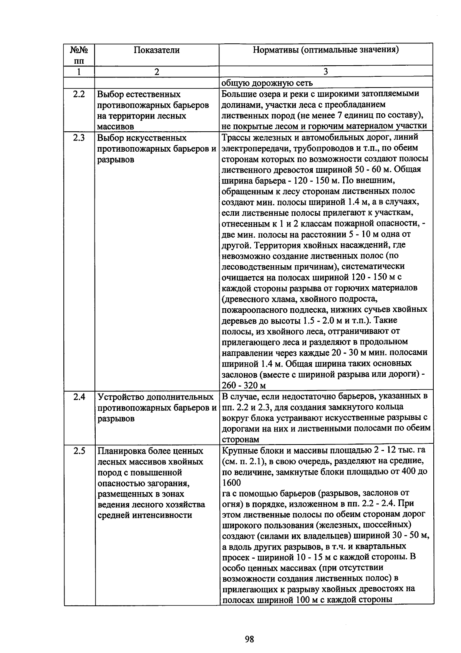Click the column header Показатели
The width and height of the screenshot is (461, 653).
pyautogui.click(x=156, y=50)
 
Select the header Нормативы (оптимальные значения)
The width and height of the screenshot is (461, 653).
pyautogui.click(x=325, y=50)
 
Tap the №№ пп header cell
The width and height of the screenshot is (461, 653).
pyautogui.click(x=79, y=55)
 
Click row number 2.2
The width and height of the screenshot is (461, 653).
pyautogui.click(x=79, y=94)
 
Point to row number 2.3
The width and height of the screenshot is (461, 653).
pyautogui.click(x=79, y=138)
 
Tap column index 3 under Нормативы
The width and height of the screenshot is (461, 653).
pyautogui.click(x=325, y=71)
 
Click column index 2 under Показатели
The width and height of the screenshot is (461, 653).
pyautogui.click(x=156, y=71)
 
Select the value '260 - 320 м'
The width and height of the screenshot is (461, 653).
pyautogui.click(x=244, y=385)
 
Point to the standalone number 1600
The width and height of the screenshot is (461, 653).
pyautogui.click(x=232, y=482)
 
